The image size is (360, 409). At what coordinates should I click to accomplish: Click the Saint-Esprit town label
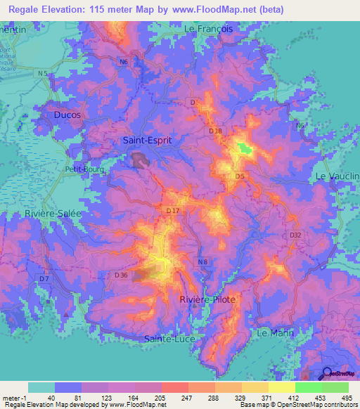(x=147, y=140)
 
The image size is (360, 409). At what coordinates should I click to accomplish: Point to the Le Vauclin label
(x=337, y=176)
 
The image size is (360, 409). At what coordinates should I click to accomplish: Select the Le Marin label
(x=275, y=332)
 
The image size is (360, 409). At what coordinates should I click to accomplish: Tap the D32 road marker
(x=295, y=235)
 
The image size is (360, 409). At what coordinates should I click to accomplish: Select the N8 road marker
(x=202, y=262)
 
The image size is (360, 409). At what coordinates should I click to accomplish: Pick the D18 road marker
(x=215, y=131)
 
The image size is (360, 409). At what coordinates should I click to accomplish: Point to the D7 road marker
(x=44, y=279)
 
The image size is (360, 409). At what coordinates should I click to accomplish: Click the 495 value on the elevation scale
(x=347, y=398)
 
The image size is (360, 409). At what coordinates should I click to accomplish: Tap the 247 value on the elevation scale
(x=174, y=398)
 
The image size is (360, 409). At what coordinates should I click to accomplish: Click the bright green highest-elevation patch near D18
(x=244, y=148)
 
